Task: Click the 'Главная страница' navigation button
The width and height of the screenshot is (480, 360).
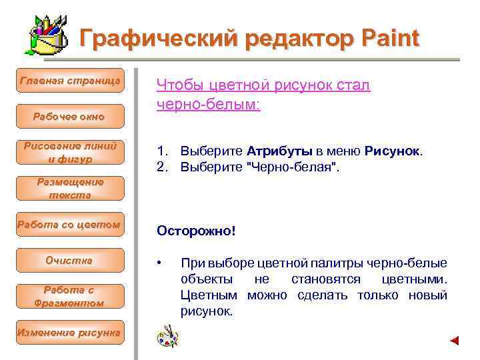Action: [70, 81]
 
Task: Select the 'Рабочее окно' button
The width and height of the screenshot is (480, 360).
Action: [70, 117]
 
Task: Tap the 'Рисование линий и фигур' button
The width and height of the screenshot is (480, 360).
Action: [70, 153]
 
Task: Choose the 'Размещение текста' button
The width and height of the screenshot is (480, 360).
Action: [70, 189]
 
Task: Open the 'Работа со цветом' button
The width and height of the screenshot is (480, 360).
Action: [70, 225]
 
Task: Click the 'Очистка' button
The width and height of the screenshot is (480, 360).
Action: [70, 261]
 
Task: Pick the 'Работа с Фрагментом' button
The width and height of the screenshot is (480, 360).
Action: [70, 297]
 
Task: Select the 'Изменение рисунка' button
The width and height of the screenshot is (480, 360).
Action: [70, 333]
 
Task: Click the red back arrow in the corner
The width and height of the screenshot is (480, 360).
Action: [454, 341]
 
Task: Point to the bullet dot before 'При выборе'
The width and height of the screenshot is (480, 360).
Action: [159, 263]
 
